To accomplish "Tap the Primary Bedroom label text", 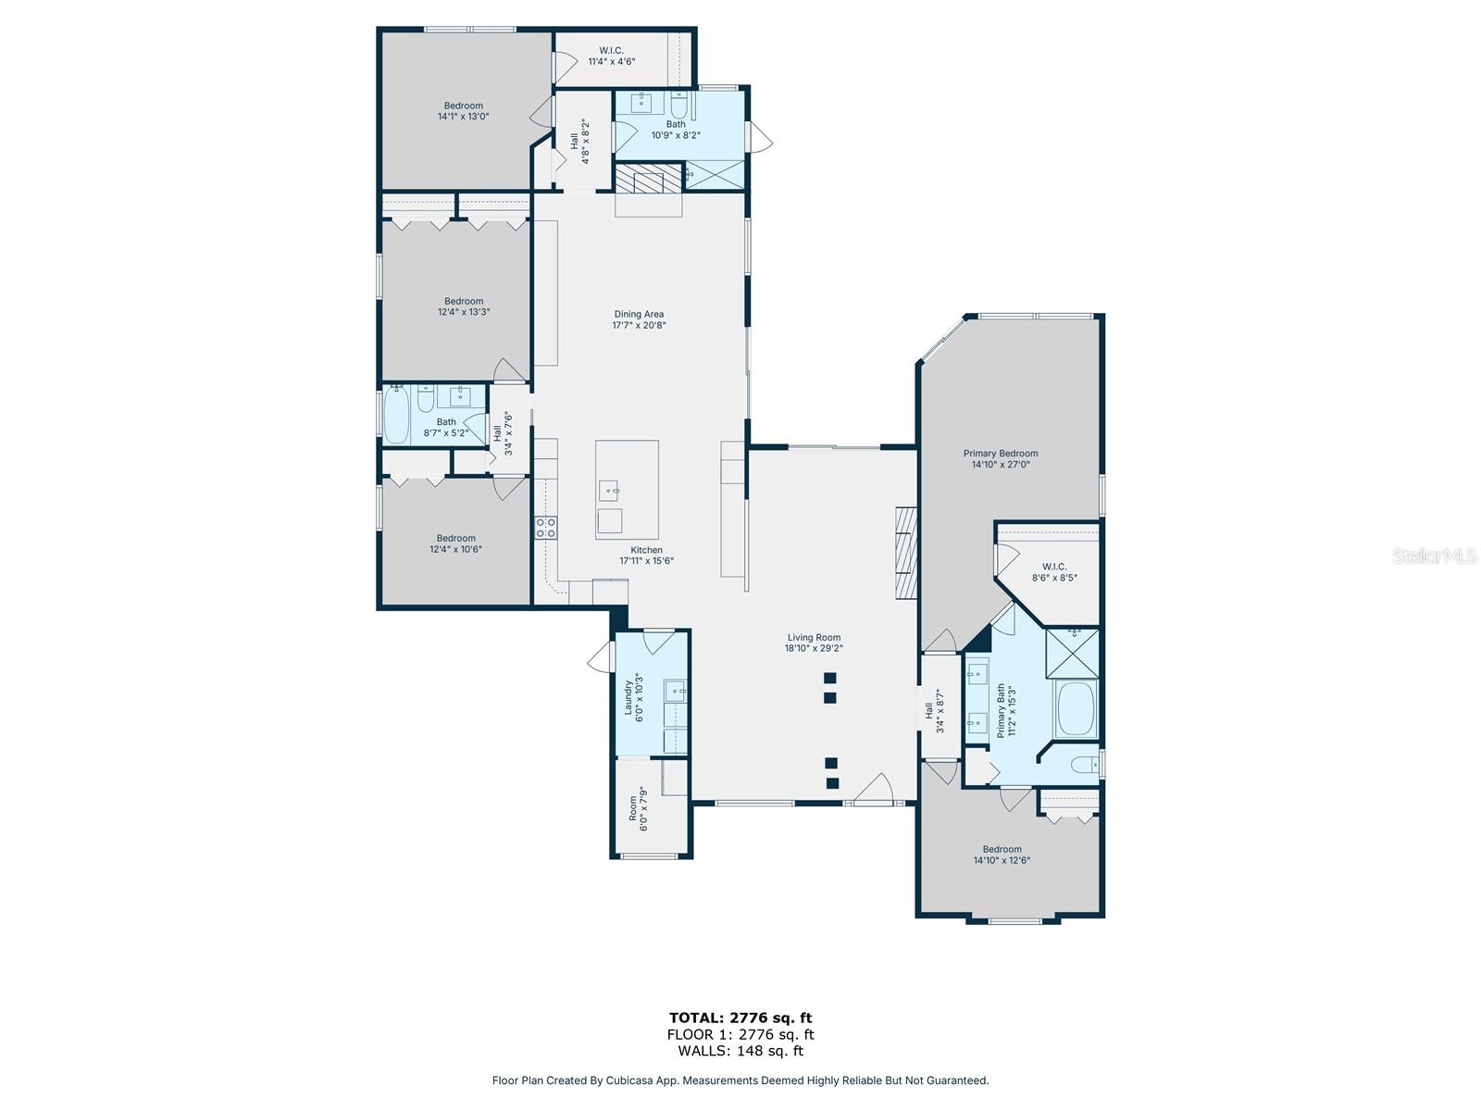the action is coord(1000,454).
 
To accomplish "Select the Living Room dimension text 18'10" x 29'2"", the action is coord(814,648).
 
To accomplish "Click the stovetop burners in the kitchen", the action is coord(546,528).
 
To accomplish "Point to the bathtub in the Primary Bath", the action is coord(1077,709).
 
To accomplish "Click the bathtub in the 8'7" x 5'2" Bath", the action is coord(396,415).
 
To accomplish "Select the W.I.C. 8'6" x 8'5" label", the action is coord(1054,572).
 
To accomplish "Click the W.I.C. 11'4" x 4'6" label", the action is coord(611,56).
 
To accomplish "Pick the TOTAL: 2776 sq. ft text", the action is coord(740,1017).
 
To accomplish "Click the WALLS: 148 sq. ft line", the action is coord(740,1050).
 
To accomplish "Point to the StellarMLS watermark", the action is coord(1435,555).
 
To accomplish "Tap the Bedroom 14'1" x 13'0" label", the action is coord(463,110).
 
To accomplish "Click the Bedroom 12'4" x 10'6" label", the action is coord(455,543).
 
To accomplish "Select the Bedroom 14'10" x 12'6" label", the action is coord(1002,855).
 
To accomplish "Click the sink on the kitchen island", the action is coord(608,491).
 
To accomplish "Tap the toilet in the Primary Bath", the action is coord(1085,765).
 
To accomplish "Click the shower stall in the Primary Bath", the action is coord(1072,653).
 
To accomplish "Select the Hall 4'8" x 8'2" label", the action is coord(579,141).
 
